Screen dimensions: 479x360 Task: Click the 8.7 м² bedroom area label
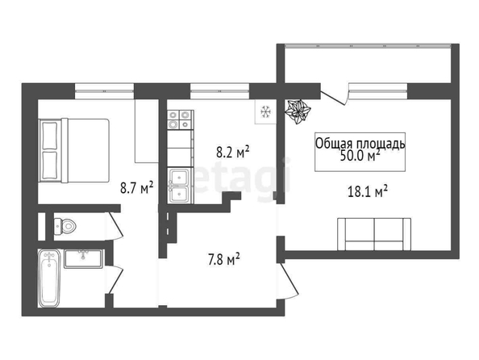(136, 187)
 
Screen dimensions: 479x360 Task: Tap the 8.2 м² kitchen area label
(233, 152)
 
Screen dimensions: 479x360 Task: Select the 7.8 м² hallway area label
(223, 259)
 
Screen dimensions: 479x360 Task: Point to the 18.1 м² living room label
(368, 191)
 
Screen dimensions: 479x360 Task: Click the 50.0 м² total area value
(360, 156)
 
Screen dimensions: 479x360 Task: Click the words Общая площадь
(360, 144)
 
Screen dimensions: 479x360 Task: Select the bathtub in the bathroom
(49, 278)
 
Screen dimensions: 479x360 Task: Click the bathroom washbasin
(83, 259)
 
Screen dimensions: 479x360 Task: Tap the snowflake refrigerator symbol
(266, 111)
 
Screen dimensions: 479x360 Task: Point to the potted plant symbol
(298, 111)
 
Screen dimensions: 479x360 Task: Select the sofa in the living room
(374, 234)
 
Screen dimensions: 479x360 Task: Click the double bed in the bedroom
(74, 150)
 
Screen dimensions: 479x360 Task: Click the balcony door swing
(334, 96)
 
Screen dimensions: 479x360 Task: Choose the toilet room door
(115, 226)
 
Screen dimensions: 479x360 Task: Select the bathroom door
(115, 279)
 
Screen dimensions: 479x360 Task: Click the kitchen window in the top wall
(219, 91)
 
